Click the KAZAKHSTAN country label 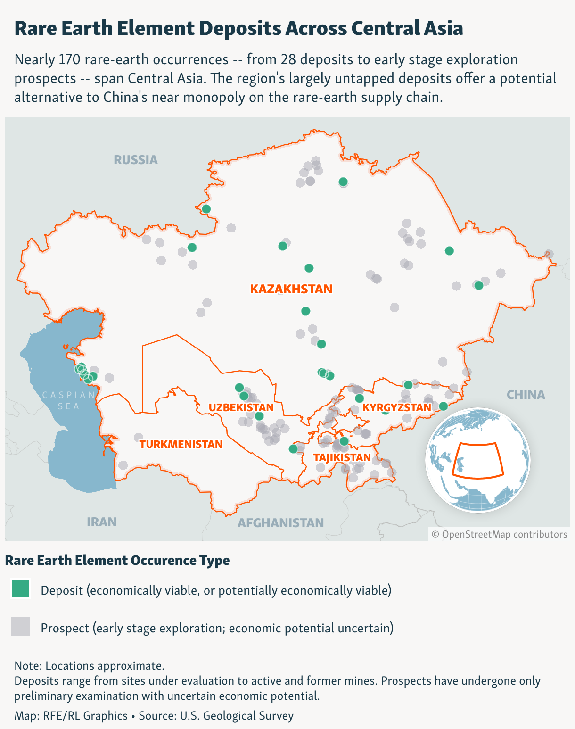(291, 289)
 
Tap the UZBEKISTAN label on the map (241, 407)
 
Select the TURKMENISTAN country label (181, 444)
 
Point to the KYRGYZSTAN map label (397, 407)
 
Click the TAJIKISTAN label (342, 457)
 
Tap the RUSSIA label (136, 160)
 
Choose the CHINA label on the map (526, 395)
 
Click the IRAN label (101, 522)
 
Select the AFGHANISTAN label (280, 523)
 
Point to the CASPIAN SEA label (69, 400)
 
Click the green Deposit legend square (21, 589)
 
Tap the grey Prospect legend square (21, 626)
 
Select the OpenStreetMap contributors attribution (499, 534)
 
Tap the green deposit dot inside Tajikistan (344, 441)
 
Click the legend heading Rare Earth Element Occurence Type (117, 560)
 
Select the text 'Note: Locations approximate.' (90, 666)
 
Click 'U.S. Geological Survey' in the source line (236, 715)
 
